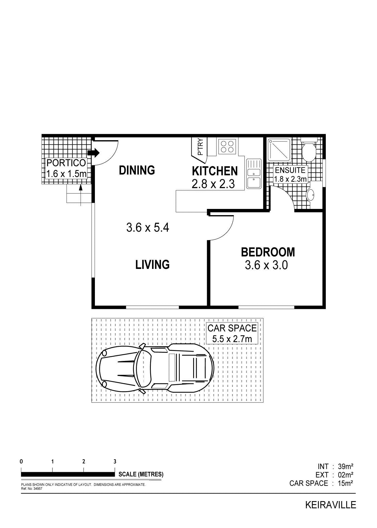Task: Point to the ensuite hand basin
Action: click(310, 195)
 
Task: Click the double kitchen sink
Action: click(254, 174)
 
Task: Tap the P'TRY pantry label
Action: click(200, 147)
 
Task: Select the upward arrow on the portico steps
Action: click(81, 195)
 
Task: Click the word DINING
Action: click(137, 170)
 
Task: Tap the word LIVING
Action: click(153, 265)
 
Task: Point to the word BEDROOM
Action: click(268, 252)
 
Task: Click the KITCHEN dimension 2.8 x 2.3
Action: click(213, 184)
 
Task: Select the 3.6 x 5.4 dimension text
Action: click(148, 228)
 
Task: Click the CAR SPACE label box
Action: click(232, 334)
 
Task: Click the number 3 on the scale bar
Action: click(115, 461)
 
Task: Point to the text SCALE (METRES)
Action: click(141, 474)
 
